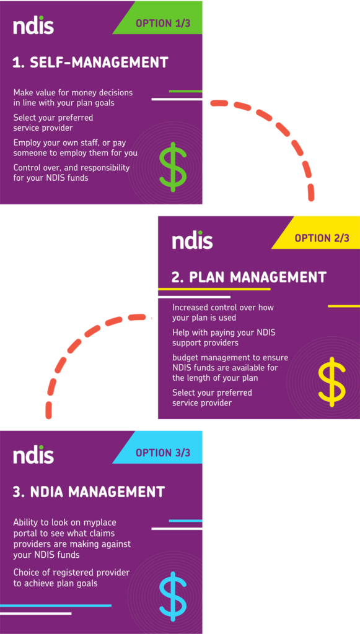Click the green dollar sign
click(x=173, y=167)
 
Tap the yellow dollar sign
click(x=332, y=381)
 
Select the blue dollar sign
click(x=173, y=596)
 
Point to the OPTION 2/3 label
click(x=322, y=238)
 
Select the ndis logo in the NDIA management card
click(x=33, y=454)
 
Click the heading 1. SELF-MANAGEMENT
click(x=90, y=63)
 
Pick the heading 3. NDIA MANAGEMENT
click(x=89, y=492)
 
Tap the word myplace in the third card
click(x=102, y=523)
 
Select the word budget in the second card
click(x=186, y=357)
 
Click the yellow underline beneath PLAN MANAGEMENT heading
click(x=214, y=289)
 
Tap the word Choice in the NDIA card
click(x=26, y=573)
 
